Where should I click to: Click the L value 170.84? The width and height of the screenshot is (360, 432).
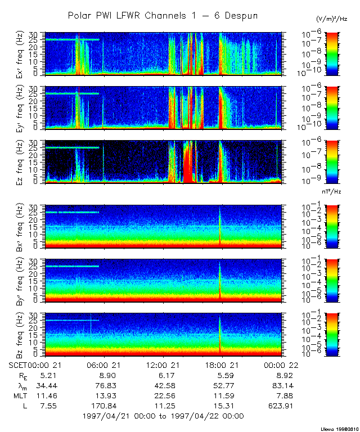[105, 406]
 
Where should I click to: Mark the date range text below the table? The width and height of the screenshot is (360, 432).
[163, 416]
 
